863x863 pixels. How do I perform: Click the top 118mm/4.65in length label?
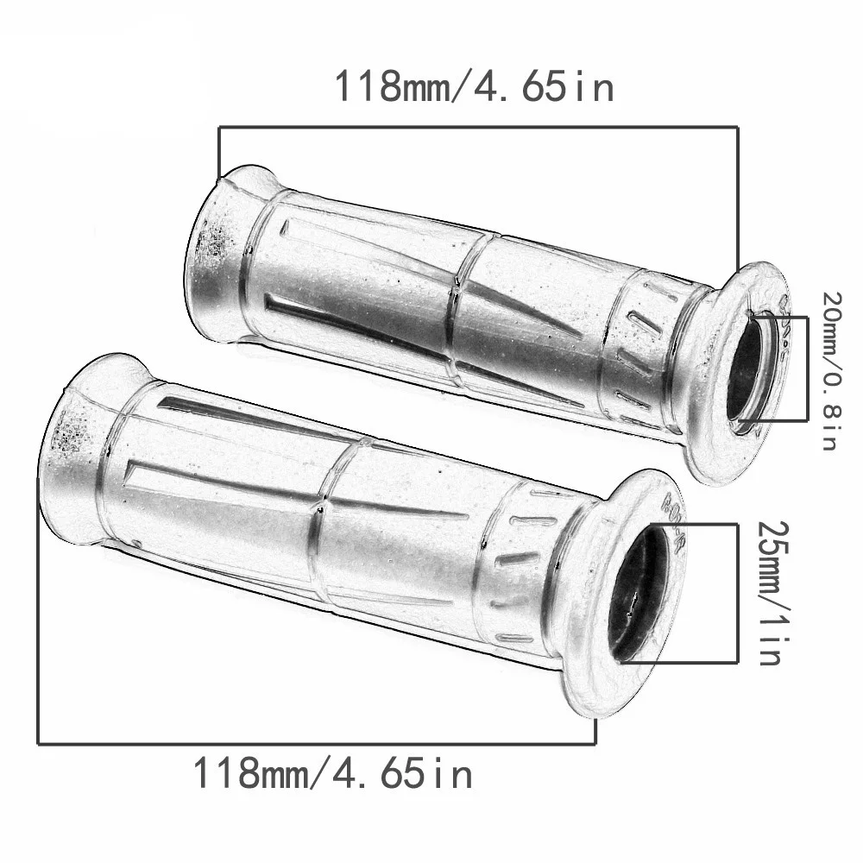[474, 87]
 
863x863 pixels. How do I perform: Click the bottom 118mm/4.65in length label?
[332, 773]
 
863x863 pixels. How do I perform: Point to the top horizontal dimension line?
[478, 127]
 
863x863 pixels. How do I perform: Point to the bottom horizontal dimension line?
[316, 744]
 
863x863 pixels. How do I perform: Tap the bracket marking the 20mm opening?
[807, 369]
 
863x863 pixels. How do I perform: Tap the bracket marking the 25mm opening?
[737, 593]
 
